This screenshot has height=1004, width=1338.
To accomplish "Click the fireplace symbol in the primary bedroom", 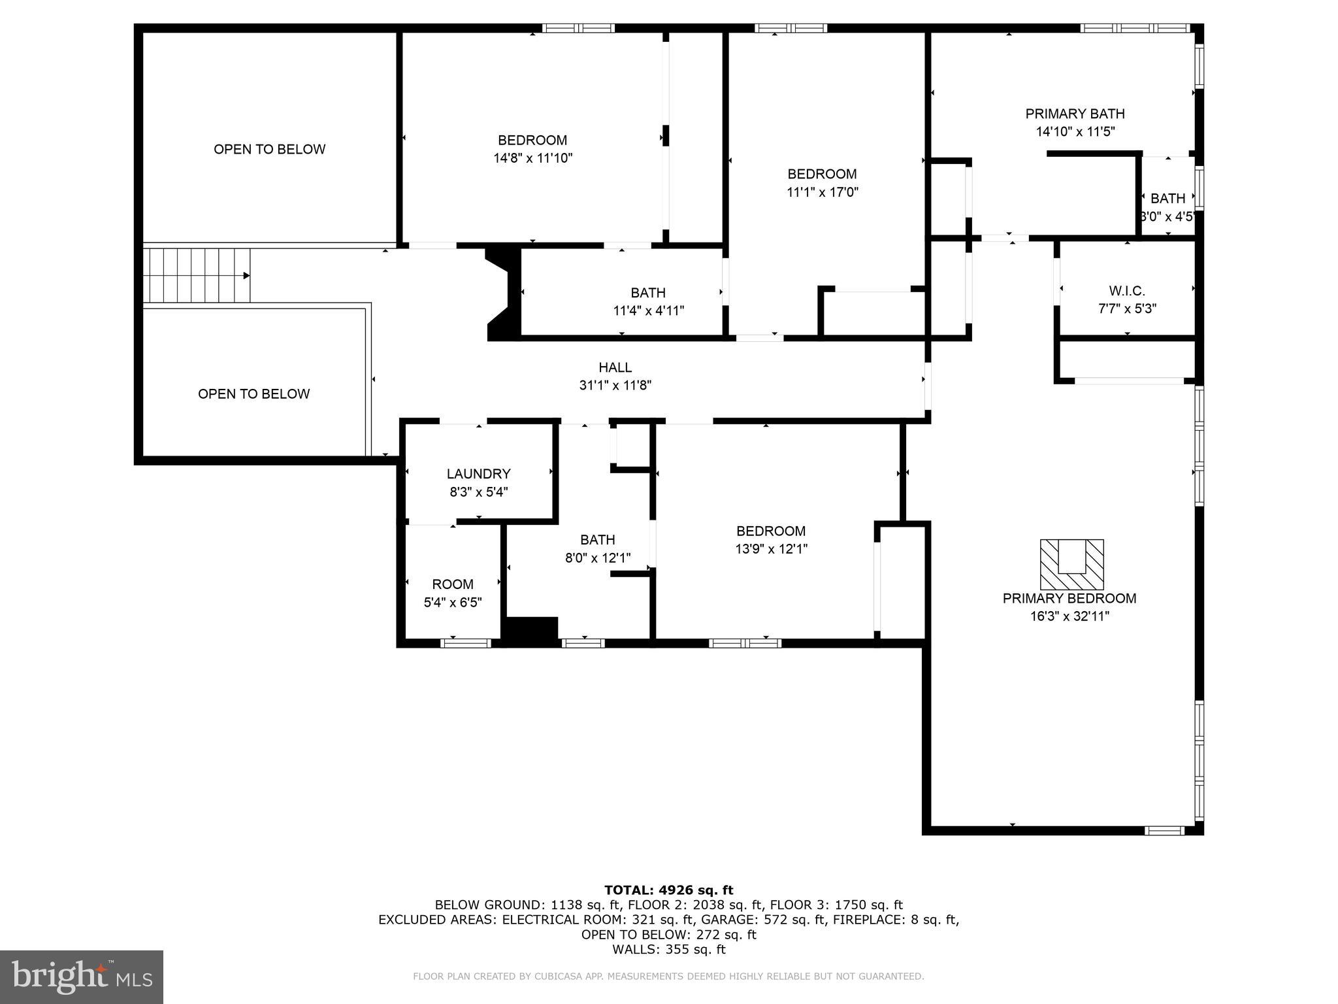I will pos(1071,565).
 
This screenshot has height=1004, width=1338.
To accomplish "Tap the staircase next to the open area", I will pos(196,275).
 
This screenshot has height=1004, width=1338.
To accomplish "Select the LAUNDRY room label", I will pos(478,474).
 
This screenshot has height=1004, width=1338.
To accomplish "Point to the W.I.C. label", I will pos(1127,291).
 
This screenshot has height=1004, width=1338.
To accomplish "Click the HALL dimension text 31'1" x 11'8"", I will pos(615,386).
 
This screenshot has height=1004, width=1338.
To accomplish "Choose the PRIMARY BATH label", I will pos(1075,114).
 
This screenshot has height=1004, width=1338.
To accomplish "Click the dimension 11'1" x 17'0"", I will pos(822,192).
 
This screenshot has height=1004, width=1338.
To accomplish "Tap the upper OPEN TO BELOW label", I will pos(269,149).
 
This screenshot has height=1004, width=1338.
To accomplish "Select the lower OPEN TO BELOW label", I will pos(253,393).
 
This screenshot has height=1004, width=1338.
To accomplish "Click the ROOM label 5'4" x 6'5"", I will pos(453,584).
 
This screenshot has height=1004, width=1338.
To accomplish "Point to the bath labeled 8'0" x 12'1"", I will pos(597,540).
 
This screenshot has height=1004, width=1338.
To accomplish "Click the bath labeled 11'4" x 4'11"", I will pos(648,293).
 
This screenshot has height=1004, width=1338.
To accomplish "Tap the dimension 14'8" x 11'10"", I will pos(532,158).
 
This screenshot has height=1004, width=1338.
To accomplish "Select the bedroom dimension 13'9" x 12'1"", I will pos(771,549).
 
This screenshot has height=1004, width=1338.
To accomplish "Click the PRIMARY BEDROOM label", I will pos(1069,598).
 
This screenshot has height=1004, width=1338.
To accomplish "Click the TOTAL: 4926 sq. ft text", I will pos(668,890).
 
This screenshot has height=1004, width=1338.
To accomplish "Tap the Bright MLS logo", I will pos(82,977).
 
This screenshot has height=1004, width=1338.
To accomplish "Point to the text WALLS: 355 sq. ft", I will pos(668,949).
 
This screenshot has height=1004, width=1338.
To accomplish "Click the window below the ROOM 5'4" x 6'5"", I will pos(465,643).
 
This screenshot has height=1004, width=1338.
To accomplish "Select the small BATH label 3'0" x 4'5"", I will pos(1167,199).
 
